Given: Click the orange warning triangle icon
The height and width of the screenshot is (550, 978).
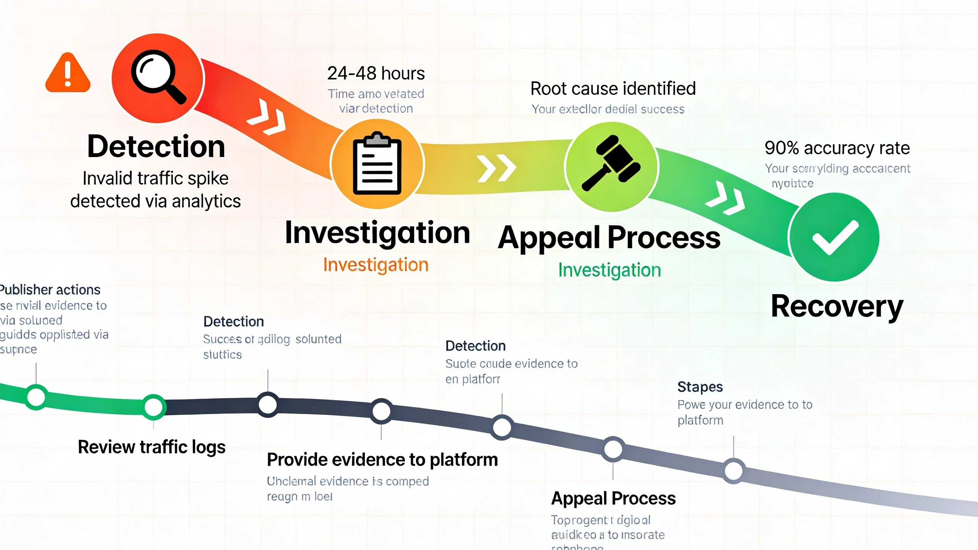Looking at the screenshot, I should click(x=68, y=73).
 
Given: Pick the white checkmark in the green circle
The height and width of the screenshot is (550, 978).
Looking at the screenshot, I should click(x=835, y=238).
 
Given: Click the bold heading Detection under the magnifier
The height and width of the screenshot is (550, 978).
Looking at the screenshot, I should click(x=156, y=147).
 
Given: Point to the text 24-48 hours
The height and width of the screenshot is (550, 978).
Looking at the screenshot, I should click(x=376, y=73).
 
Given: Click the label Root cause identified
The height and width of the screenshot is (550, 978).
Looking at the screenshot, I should click(x=613, y=89).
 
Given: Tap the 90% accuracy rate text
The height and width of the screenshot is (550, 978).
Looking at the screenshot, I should click(x=837, y=148).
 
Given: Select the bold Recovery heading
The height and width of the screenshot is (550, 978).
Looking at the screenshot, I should click(x=837, y=306).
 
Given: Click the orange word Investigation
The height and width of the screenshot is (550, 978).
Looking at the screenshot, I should click(x=376, y=265).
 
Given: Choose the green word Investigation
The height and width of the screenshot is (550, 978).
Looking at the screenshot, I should click(x=609, y=270).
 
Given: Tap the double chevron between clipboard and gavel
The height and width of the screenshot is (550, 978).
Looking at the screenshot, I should click(x=497, y=168).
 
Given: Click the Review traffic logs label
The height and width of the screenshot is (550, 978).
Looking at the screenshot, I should click(x=152, y=447).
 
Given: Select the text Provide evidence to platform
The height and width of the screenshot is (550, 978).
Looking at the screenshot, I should click(x=382, y=459).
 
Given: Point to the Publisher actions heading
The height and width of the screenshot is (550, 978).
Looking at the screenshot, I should click(x=50, y=290).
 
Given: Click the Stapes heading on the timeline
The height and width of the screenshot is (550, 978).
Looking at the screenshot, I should click(x=700, y=387).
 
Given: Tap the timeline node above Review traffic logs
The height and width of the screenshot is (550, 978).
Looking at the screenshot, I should click(x=154, y=407).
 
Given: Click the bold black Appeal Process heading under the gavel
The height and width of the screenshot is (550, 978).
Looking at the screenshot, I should click(x=609, y=238).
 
